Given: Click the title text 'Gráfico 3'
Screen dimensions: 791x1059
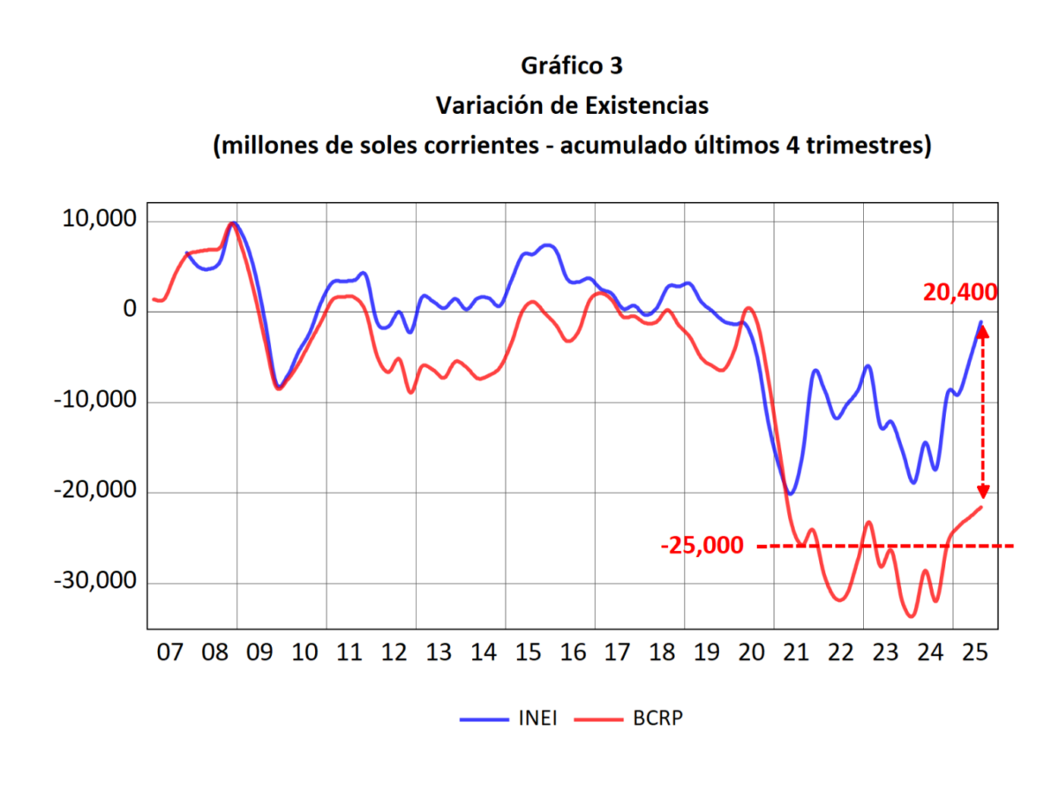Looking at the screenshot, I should pos(572,66).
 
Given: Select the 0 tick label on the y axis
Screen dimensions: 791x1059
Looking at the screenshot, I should pos(130,310).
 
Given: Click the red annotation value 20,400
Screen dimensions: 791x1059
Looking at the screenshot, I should pos(960,292).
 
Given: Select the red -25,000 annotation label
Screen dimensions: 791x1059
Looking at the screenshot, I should pos(702,546).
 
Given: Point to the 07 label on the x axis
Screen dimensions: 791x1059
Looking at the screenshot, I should pos(170,653).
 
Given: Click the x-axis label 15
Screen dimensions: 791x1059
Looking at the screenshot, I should pos(528,653).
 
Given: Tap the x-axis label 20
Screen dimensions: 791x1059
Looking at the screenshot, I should pos(752,653).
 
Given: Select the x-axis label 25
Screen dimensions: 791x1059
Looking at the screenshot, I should pos(974,653).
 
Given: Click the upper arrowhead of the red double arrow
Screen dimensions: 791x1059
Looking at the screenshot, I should pos(983,332).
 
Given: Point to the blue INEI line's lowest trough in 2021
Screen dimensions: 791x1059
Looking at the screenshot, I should pos(790,493).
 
